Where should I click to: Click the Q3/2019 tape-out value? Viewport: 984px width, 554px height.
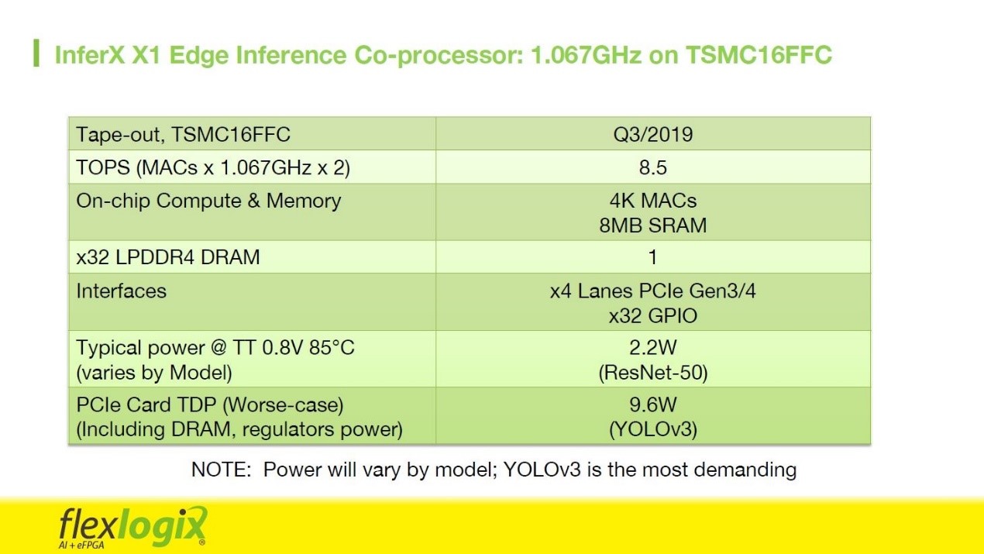coord(653,135)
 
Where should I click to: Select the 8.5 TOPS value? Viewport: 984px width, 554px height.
coord(653,168)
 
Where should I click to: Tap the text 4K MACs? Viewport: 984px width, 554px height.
coord(653,201)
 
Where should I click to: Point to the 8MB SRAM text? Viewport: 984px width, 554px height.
coord(653,225)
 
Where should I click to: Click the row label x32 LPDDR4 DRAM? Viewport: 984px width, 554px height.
coord(168,257)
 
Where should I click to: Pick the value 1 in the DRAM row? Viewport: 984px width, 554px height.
coord(653,257)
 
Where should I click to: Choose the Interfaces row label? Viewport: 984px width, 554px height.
coord(121,291)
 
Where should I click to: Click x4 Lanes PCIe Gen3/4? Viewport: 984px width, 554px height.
coord(653,291)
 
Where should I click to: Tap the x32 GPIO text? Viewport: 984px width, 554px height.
coord(653,316)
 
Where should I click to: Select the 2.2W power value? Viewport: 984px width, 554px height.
coord(653,348)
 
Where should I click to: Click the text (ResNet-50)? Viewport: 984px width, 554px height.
coord(653,373)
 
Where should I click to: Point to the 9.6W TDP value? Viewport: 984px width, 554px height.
coord(653,404)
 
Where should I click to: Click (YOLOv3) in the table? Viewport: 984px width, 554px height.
coord(653,429)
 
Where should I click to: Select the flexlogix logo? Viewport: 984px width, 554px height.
coord(132,527)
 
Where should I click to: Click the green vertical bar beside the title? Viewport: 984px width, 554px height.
coord(36,53)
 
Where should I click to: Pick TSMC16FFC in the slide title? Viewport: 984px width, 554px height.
coord(759,55)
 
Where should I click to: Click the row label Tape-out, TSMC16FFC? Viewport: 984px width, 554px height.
coord(183,135)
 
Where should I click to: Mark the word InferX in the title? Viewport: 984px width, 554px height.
coord(90,55)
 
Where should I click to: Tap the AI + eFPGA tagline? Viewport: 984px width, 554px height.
coord(81,545)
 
